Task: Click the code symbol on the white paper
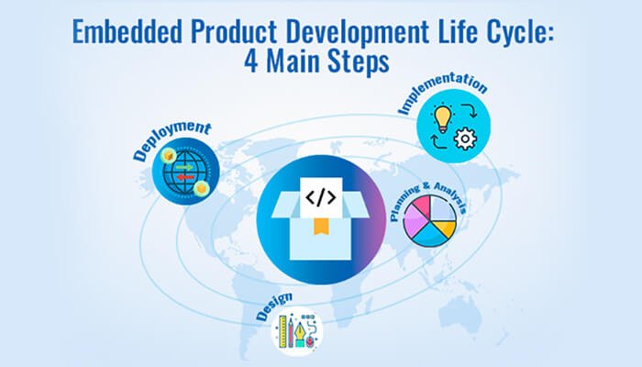coord(320,197)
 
